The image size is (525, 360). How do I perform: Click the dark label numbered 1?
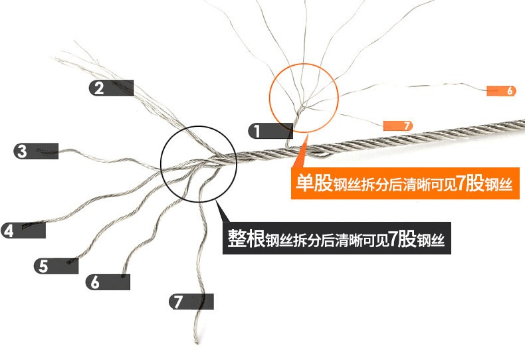click(x=270, y=131)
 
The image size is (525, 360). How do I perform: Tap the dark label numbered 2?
click(x=111, y=88)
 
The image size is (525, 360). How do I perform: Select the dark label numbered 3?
click(x=36, y=151)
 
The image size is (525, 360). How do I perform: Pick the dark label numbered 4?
click(x=23, y=230)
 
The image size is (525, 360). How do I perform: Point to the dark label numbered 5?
click(x=56, y=266)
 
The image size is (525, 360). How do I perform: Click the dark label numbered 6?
click(x=108, y=282)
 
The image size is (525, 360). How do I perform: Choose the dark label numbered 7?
click(x=191, y=302)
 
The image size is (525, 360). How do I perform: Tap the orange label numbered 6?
click(x=501, y=91)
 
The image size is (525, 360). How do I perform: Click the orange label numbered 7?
click(x=398, y=126)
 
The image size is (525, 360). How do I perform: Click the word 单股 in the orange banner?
click(x=314, y=183)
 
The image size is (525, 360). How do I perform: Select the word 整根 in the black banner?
click(x=247, y=238)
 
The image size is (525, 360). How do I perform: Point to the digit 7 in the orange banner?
click(x=461, y=183)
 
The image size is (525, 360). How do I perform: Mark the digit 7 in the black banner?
click(x=393, y=238)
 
